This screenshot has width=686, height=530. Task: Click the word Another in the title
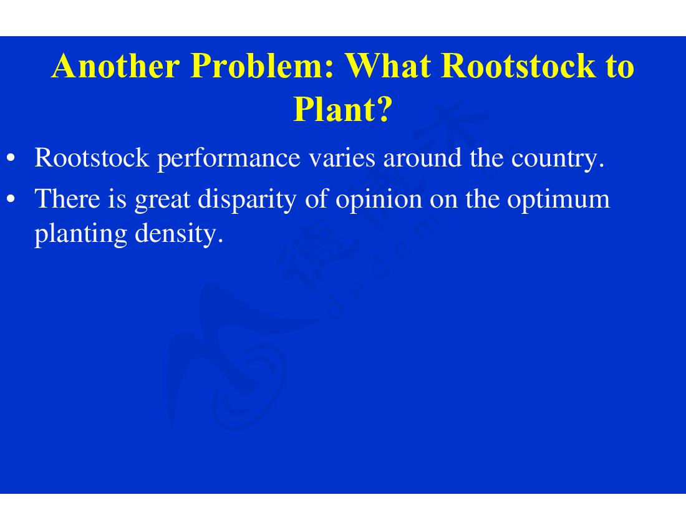coord(115,65)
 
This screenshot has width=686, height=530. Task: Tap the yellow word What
coord(388,65)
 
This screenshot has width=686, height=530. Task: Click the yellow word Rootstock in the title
coord(518,65)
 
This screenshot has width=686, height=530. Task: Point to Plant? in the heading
coord(342,109)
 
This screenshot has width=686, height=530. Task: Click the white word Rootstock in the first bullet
coord(92,157)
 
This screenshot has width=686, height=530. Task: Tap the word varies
coord(342,158)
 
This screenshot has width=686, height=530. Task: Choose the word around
coord(422,157)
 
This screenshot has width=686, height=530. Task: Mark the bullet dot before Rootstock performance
coord(11,158)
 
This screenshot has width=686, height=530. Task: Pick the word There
coord(67,199)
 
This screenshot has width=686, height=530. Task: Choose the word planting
coord(81,234)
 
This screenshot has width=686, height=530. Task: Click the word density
coord(179,234)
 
